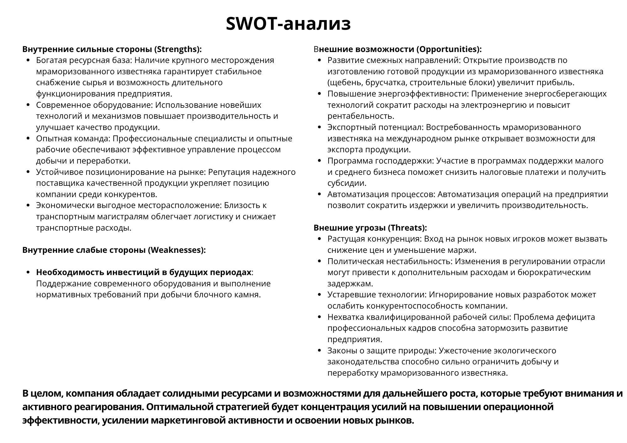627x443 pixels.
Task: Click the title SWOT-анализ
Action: tap(288, 23)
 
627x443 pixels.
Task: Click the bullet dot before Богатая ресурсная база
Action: tap(29, 60)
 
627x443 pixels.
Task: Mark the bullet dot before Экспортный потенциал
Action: tap(320, 128)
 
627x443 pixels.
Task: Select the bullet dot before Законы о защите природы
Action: tap(320, 351)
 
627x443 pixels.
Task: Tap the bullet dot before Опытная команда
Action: tap(29, 139)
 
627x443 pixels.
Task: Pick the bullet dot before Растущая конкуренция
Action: tap(320, 239)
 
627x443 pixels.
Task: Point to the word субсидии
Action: tap(346, 183)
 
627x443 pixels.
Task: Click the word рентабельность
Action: tap(361, 116)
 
